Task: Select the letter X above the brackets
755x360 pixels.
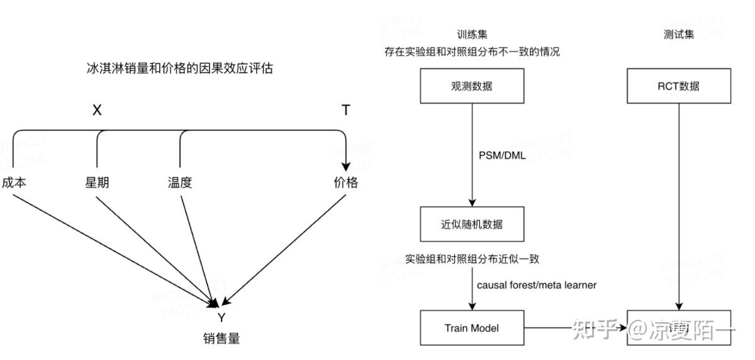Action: (x=97, y=111)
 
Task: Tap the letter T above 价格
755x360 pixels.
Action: (x=345, y=111)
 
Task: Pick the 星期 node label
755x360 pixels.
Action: (x=97, y=183)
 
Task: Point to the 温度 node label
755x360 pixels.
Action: (x=179, y=183)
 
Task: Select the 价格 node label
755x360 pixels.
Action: (x=345, y=183)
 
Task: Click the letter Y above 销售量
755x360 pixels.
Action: (x=221, y=317)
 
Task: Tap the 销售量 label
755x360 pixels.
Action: (x=221, y=339)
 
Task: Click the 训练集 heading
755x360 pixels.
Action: (x=472, y=35)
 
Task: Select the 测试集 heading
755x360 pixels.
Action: (x=679, y=35)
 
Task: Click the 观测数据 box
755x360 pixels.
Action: (x=472, y=86)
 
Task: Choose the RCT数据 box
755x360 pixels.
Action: (x=679, y=86)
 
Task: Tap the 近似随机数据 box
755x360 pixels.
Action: (x=472, y=225)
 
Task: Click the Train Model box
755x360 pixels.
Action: (x=472, y=327)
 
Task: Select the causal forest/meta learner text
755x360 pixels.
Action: (x=536, y=285)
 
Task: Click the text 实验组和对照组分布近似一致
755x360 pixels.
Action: (x=472, y=259)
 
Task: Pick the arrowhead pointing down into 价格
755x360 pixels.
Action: (x=345, y=166)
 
